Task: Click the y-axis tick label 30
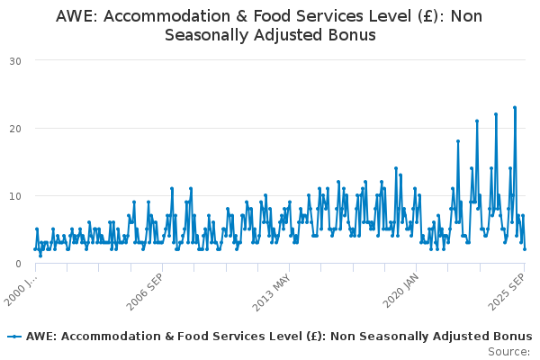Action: point(16,61)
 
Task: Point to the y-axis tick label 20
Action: point(16,129)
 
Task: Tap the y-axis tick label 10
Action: point(16,196)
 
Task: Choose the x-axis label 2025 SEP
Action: point(508,293)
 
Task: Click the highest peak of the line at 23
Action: point(515,108)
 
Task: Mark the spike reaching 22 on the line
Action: point(496,114)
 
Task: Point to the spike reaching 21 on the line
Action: point(477,121)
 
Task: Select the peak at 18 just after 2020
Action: point(458,141)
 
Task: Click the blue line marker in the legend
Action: point(14,336)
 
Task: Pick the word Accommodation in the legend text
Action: point(104,336)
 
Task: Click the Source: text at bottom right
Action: point(508,351)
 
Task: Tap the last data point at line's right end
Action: point(525,249)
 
